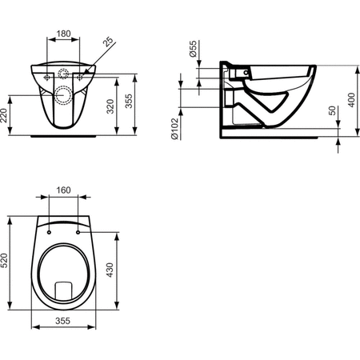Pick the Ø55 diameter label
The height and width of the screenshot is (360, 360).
(194, 50)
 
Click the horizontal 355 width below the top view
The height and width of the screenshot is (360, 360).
(65, 321)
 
